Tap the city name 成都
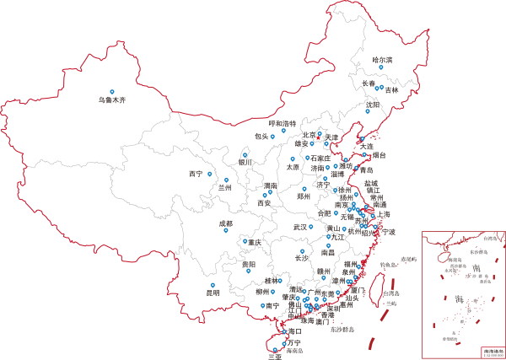coord(225,223)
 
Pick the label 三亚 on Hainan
coord(274,356)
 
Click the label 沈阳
coord(372,105)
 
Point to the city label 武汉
coord(300,227)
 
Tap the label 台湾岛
coord(389,293)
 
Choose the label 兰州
coord(224,188)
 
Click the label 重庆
coord(253,243)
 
